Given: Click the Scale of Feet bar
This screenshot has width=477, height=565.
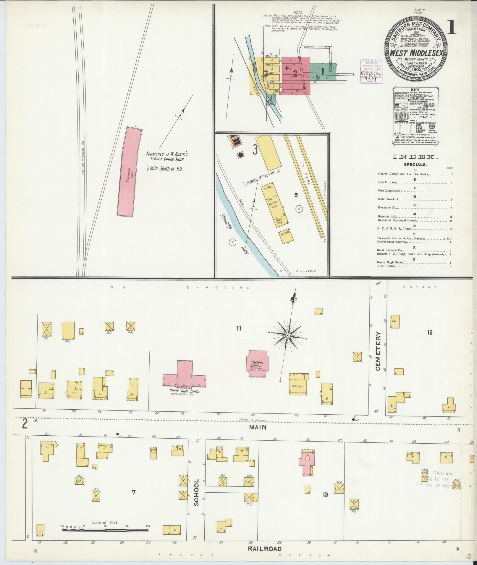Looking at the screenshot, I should coord(105,530).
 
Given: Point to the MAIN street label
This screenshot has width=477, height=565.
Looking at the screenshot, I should coord(258,427).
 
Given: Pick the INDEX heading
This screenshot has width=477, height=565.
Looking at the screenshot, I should coord(415,157).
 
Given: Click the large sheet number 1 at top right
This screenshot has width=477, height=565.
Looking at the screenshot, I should coord(451,28).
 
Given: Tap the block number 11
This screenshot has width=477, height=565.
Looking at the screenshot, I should coord(239,328).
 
